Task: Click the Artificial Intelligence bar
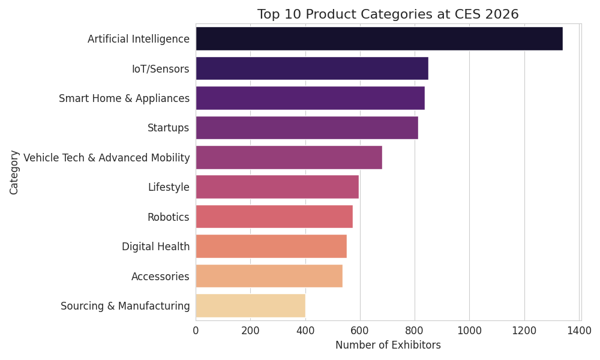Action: (379, 39)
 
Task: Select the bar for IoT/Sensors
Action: (311, 68)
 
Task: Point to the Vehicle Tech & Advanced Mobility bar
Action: (289, 157)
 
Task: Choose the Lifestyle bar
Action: (277, 187)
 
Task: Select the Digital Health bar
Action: (271, 247)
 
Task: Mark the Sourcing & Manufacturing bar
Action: (250, 306)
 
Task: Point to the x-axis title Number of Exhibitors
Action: (388, 346)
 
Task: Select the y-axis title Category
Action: (14, 172)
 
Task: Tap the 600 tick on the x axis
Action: (360, 329)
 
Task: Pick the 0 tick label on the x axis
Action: (196, 329)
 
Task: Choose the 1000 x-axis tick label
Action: (469, 329)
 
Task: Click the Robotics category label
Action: (168, 217)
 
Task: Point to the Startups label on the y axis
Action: (168, 128)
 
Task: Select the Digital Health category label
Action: (155, 247)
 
